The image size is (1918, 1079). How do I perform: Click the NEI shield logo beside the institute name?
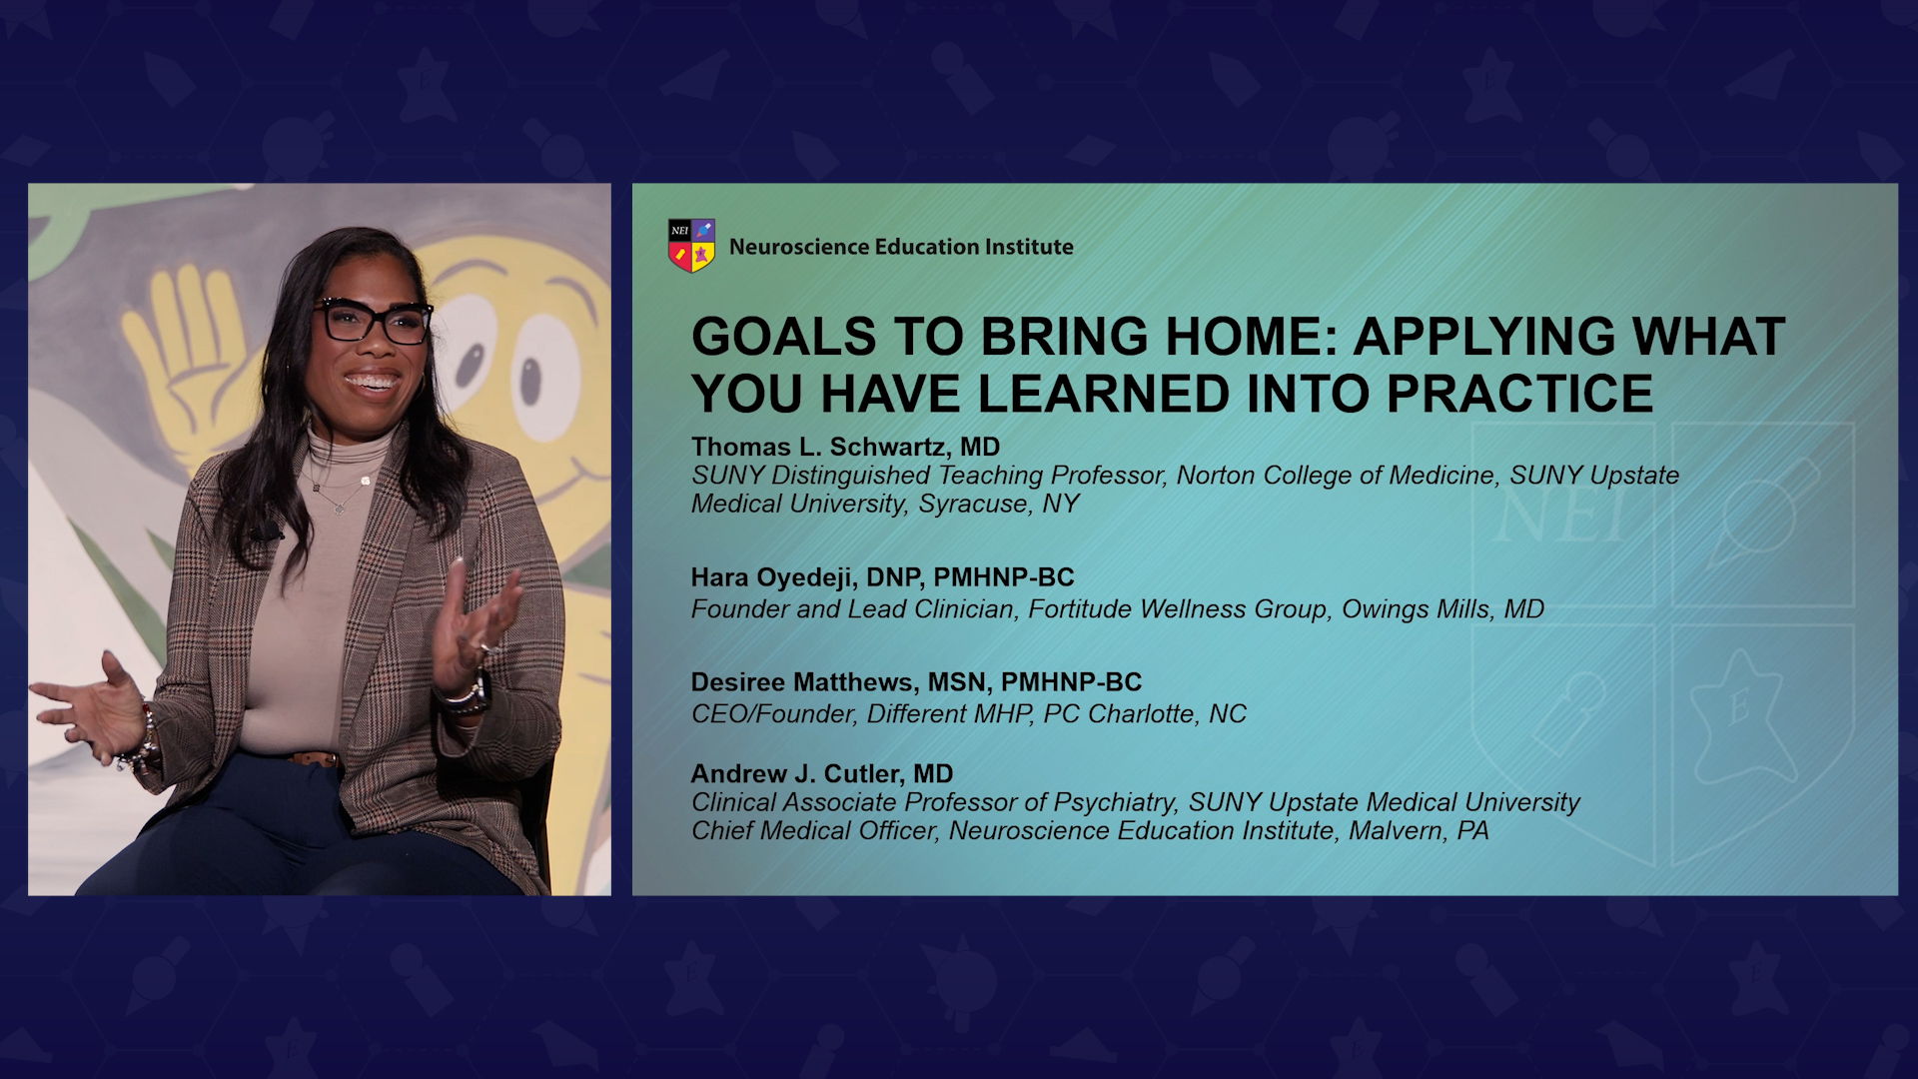click(x=691, y=246)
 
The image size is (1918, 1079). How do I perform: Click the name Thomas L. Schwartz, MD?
click(x=845, y=447)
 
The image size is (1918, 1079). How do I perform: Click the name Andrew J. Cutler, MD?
click(x=822, y=774)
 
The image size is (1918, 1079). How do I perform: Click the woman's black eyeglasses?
click(x=373, y=321)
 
